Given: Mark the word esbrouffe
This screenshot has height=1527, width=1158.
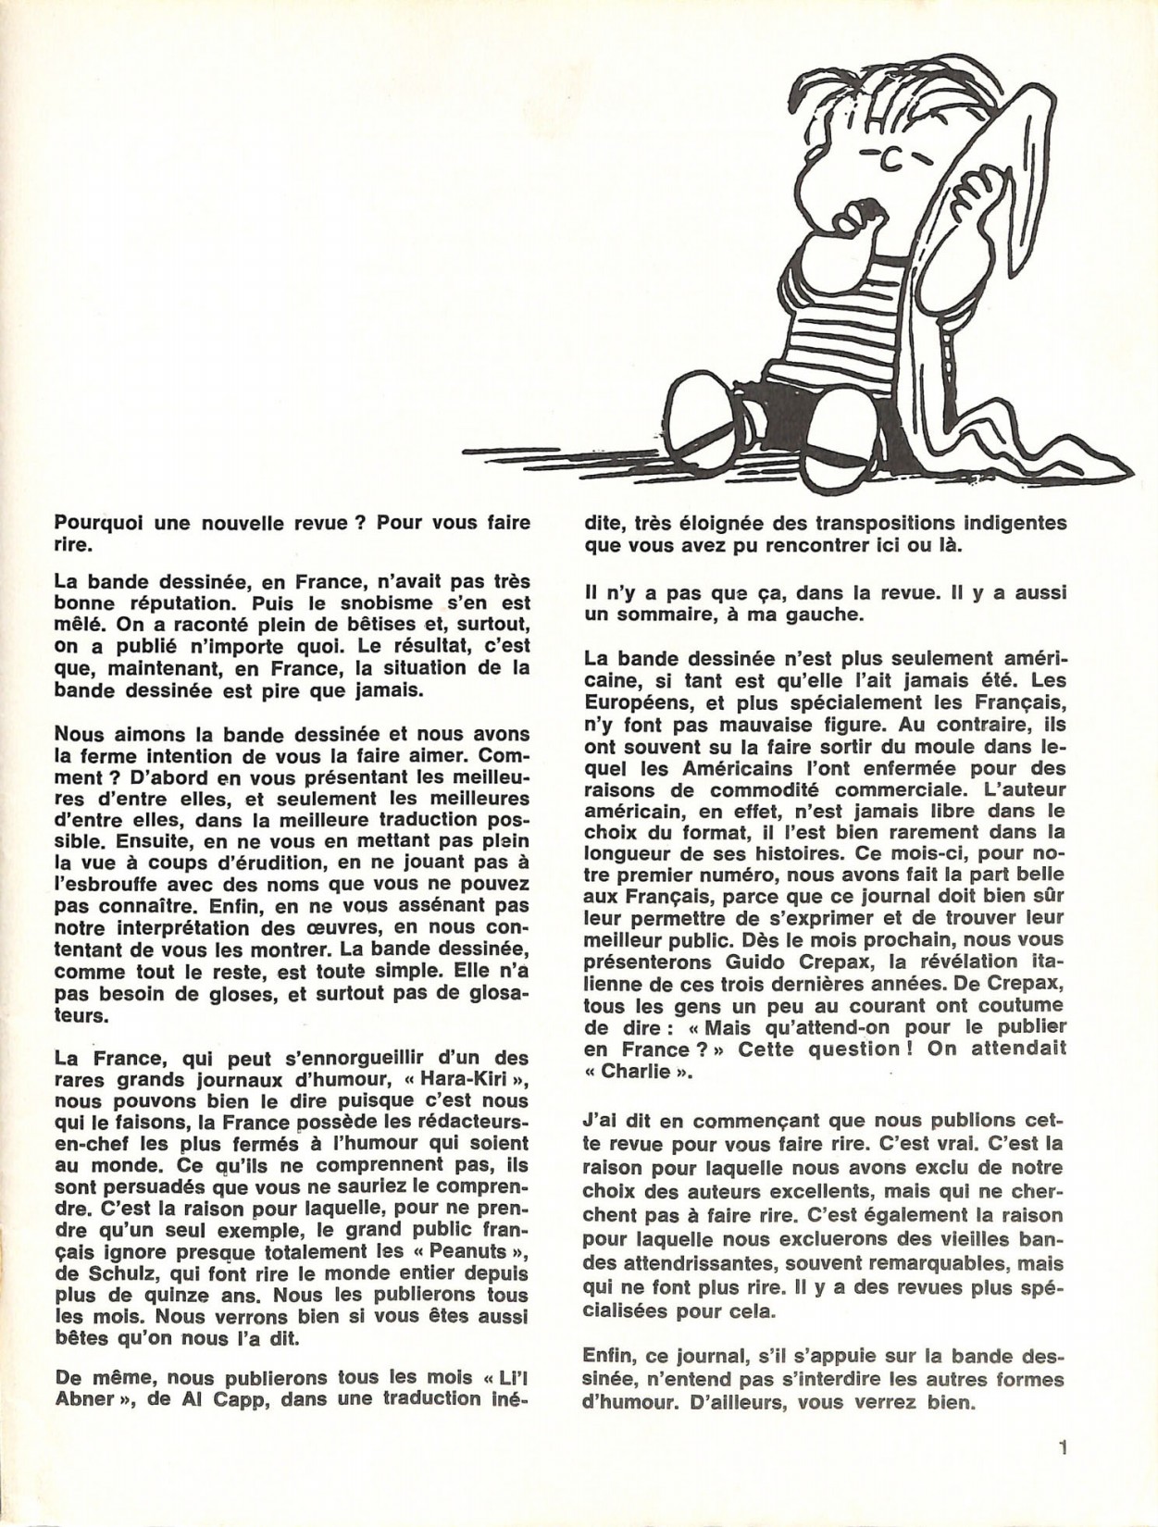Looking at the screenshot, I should click(114, 886).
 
